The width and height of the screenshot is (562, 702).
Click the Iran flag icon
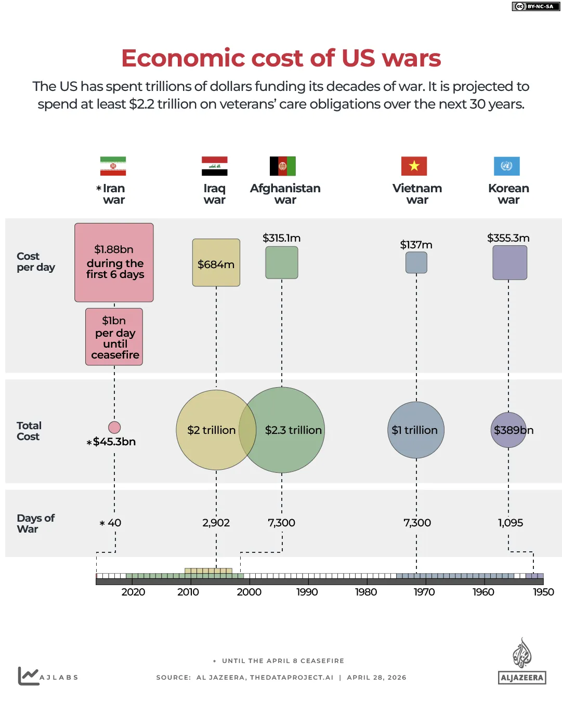pyautogui.click(x=113, y=166)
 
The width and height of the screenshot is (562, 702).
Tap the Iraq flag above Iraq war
pyautogui.click(x=214, y=166)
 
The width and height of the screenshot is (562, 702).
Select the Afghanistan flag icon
pyautogui.click(x=282, y=166)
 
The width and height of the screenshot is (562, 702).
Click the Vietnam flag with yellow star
pyautogui.click(x=414, y=166)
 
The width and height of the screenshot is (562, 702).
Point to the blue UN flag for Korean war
pyautogui.click(x=506, y=166)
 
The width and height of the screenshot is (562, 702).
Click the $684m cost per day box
pyautogui.click(x=216, y=263)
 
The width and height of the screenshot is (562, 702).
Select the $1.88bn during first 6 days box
pyautogui.click(x=114, y=262)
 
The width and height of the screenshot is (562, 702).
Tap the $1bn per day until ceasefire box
pyautogui.click(x=114, y=337)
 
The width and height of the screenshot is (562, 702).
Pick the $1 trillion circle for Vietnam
pyautogui.click(x=415, y=430)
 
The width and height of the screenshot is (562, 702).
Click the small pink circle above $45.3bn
pyautogui.click(x=114, y=427)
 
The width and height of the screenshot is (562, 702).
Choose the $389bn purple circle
pyautogui.click(x=508, y=430)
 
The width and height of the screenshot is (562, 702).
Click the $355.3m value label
pyautogui.click(x=508, y=238)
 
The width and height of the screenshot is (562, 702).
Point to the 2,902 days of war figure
pyautogui.click(x=216, y=523)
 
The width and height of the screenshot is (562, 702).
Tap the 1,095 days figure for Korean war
pyautogui.click(x=510, y=523)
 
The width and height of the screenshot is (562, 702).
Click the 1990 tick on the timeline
pyautogui.click(x=307, y=592)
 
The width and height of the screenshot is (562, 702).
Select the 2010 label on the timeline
pyautogui.click(x=188, y=592)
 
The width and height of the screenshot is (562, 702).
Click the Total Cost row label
pyautogui.click(x=29, y=431)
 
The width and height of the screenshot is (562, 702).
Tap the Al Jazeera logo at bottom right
pyautogui.click(x=521, y=662)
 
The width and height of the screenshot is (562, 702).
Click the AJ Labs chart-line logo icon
pyautogui.click(x=28, y=676)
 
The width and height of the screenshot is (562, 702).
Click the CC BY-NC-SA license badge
pyautogui.click(x=535, y=6)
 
